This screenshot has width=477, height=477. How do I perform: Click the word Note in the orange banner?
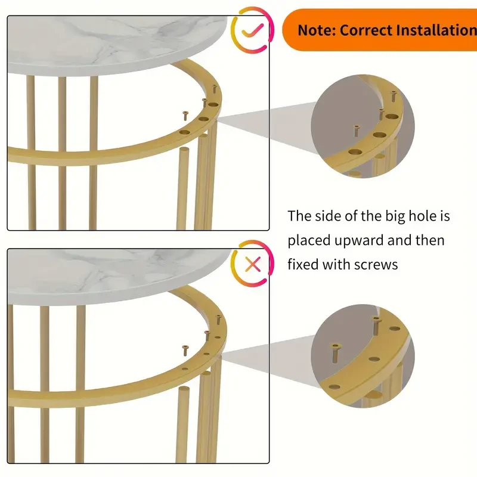coord(316,30)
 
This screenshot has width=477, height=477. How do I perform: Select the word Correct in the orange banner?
coord(368,30)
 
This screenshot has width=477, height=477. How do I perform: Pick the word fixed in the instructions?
coord(303,264)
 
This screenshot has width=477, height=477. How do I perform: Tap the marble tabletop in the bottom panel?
coord(119,271)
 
